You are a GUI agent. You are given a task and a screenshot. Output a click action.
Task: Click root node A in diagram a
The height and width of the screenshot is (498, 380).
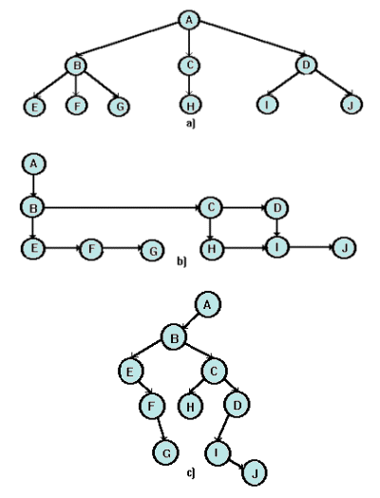(x=190, y=20)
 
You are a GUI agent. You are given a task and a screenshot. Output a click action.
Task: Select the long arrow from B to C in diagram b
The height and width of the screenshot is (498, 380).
(x=119, y=205)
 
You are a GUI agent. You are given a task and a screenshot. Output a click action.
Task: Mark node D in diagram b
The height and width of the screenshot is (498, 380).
(x=276, y=206)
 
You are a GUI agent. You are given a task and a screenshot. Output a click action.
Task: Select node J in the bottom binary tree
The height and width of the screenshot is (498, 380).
(x=253, y=470)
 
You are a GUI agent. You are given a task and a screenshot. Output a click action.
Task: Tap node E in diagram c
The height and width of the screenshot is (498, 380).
(x=133, y=370)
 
